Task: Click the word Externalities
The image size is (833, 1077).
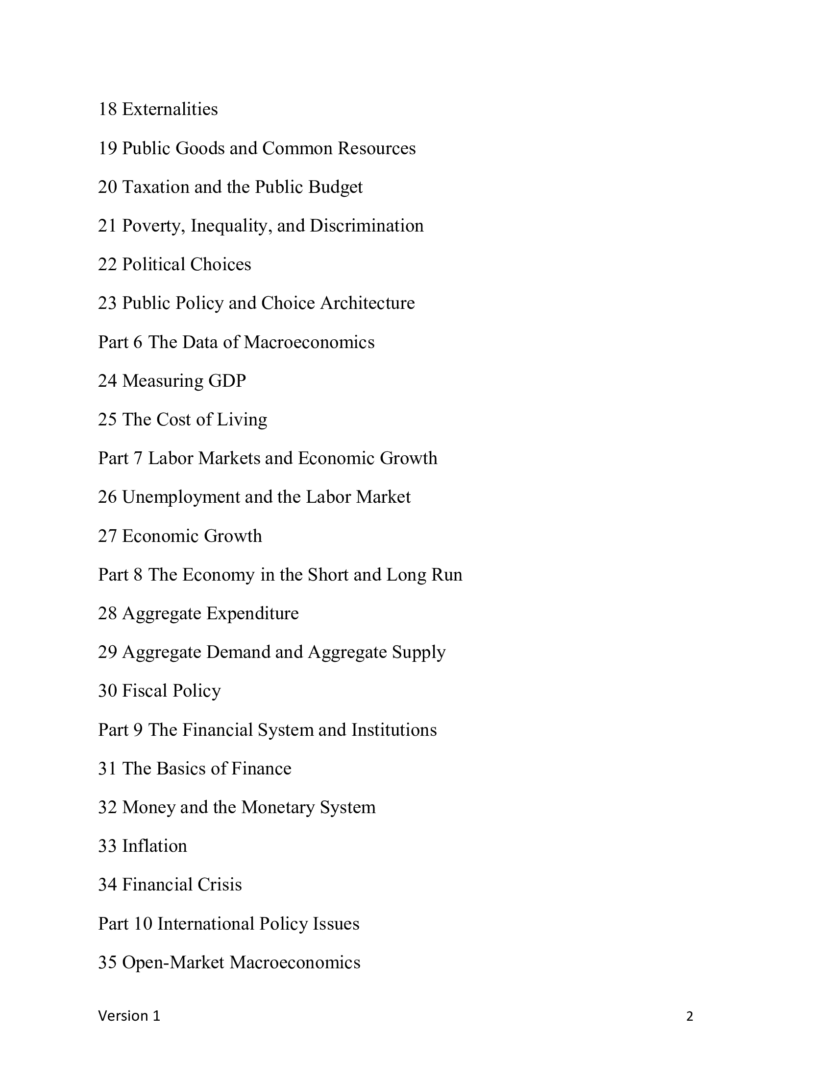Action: (170, 109)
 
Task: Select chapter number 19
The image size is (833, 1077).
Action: (107, 148)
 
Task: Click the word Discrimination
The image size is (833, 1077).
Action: (366, 225)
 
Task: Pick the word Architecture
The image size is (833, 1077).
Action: (367, 303)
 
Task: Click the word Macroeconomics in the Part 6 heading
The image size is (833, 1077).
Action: (309, 342)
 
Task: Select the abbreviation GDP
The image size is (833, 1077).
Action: (227, 381)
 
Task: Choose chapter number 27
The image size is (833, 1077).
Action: (107, 536)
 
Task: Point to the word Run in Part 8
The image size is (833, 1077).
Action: (446, 575)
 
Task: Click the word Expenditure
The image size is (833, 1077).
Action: (252, 613)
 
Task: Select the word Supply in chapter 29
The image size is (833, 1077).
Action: (418, 653)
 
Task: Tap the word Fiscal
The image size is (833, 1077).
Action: (145, 691)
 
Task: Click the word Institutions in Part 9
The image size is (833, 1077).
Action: (394, 730)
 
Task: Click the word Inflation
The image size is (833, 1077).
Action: (154, 846)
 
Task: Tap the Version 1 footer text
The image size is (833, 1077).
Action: (129, 1016)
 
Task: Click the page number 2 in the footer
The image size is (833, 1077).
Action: (689, 1016)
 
